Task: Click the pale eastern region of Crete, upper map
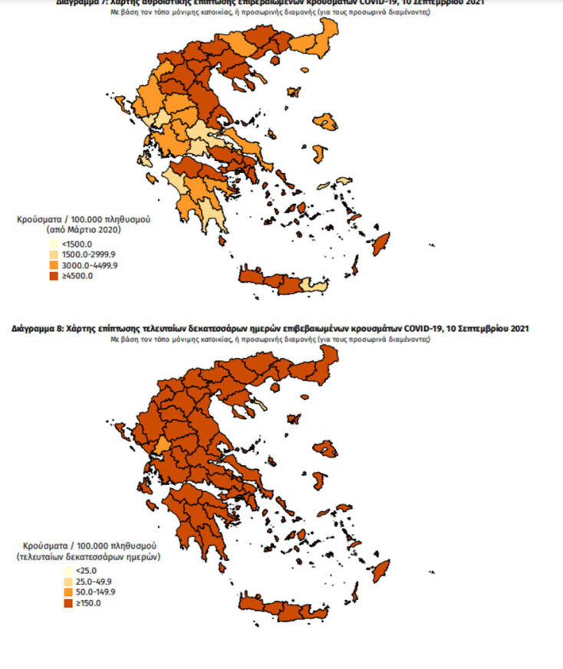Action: [x=314, y=286]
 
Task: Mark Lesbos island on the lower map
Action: [x=328, y=449]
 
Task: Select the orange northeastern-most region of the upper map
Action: [x=328, y=34]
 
